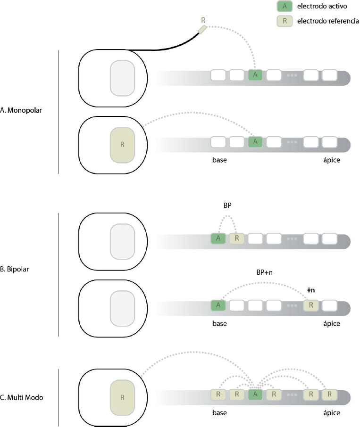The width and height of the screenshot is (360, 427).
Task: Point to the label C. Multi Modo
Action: (22, 397)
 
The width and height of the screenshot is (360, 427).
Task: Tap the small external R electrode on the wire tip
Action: (202, 29)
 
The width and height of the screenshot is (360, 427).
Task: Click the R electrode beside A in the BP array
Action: (237, 238)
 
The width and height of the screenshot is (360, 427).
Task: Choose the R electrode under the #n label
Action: (310, 305)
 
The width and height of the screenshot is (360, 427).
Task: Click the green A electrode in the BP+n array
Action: (218, 305)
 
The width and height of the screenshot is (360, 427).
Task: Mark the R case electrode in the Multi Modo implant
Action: (122, 397)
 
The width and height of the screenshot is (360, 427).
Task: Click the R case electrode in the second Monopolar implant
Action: (122, 145)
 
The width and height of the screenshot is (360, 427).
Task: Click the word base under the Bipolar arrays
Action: (219, 324)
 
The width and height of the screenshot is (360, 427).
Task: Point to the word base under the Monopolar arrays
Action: (219, 160)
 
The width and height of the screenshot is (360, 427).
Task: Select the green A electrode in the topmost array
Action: (255, 74)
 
